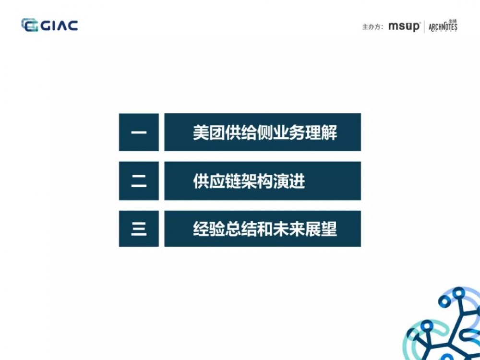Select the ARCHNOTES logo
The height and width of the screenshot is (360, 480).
pos(443,26)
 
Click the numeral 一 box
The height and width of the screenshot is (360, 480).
pos(139,132)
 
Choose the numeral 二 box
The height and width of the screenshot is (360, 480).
pos(139,181)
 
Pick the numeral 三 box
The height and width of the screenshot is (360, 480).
pos(139,229)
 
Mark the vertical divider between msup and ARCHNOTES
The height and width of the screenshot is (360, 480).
pos(424,27)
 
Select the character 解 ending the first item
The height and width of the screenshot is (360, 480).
pos(330,132)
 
